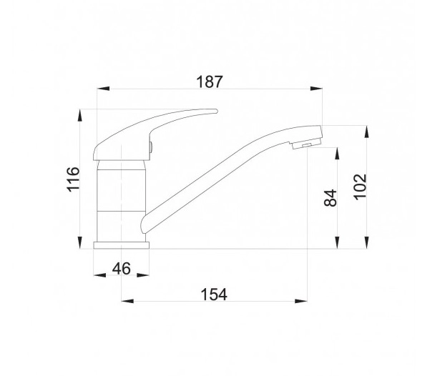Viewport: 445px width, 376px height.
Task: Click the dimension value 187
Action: click(x=210, y=81)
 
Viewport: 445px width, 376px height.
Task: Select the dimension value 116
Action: click(x=74, y=179)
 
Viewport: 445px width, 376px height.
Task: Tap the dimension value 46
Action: click(x=121, y=268)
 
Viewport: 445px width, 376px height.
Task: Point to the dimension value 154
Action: click(x=214, y=294)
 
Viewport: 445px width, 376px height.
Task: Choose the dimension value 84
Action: click(x=331, y=197)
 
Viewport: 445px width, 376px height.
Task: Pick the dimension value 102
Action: click(x=361, y=187)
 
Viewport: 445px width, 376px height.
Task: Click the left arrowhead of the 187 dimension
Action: click(x=103, y=89)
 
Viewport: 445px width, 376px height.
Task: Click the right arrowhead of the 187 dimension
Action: click(x=316, y=89)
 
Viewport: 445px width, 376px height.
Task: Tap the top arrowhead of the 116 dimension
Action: click(x=80, y=116)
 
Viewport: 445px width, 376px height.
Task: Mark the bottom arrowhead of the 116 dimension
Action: click(x=80, y=242)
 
